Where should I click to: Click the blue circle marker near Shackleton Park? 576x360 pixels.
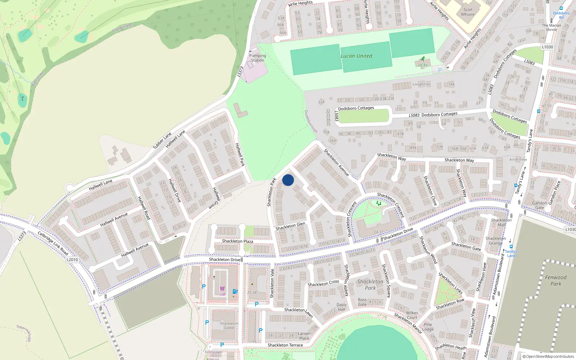pyautogui.click(x=288, y=180)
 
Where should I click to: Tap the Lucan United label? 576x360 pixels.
pyautogui.click(x=356, y=56)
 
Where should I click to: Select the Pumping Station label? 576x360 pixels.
pyautogui.click(x=257, y=58)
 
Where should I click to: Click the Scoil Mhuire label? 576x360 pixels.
pyautogui.click(x=468, y=12)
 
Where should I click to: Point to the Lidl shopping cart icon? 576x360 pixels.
pyautogui.click(x=222, y=289)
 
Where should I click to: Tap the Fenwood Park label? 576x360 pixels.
pyautogui.click(x=555, y=280)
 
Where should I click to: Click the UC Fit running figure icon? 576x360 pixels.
pyautogui.click(x=423, y=59)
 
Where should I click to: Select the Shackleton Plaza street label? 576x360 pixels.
pyautogui.click(x=237, y=241)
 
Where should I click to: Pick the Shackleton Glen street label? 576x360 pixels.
pyautogui.click(x=290, y=226)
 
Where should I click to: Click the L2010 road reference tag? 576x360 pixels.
pyautogui.click(x=72, y=260)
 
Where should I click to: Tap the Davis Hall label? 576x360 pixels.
pyautogui.click(x=341, y=307)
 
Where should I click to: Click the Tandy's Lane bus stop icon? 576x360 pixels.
pyautogui.click(x=511, y=247)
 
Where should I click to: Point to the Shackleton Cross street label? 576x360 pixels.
pyautogui.click(x=323, y=283)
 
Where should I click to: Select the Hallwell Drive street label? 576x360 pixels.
pyautogui.click(x=175, y=190)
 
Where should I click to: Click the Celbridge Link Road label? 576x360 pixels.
pyautogui.click(x=53, y=243)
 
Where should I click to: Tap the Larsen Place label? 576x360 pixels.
pyautogui.click(x=304, y=336)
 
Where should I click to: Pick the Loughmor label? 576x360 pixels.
pyautogui.click(x=421, y=84)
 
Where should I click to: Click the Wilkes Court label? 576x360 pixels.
pyautogui.click(x=412, y=315)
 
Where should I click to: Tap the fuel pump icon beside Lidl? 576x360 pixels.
pyautogui.click(x=235, y=291)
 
